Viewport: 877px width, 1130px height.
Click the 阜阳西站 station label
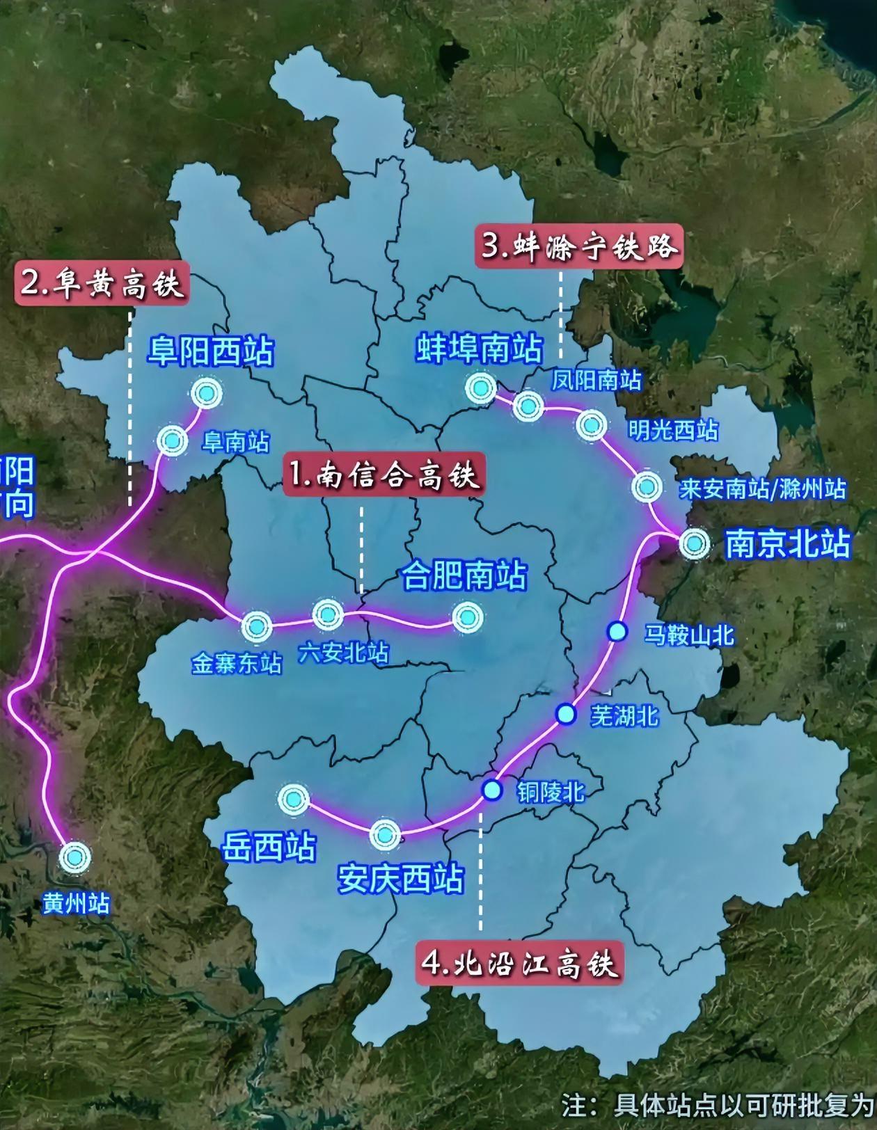[x=210, y=351]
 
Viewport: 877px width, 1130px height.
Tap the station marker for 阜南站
[x=172, y=440]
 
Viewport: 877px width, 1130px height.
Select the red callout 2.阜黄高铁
[x=101, y=284]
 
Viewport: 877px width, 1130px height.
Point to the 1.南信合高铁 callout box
[x=384, y=475]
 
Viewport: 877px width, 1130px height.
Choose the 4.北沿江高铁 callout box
[x=520, y=964]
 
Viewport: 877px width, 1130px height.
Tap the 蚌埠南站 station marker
[x=480, y=388]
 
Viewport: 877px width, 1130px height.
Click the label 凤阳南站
[x=596, y=380]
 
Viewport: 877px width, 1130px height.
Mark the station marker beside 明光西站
[x=591, y=424]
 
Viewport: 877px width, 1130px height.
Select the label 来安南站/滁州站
[x=762, y=488]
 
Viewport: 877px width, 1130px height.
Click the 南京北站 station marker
[x=694, y=543]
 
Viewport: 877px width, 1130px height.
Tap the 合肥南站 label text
[x=464, y=576]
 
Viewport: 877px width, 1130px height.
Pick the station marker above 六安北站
[x=327, y=614]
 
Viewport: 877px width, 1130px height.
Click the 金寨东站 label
[x=237, y=664]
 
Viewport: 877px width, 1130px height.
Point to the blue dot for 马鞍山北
[x=617, y=631]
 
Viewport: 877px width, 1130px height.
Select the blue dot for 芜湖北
[x=566, y=714]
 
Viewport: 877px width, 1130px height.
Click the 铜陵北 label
[x=551, y=793]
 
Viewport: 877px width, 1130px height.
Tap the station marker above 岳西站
[x=293, y=799]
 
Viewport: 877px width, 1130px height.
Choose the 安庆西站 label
[x=400, y=879]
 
